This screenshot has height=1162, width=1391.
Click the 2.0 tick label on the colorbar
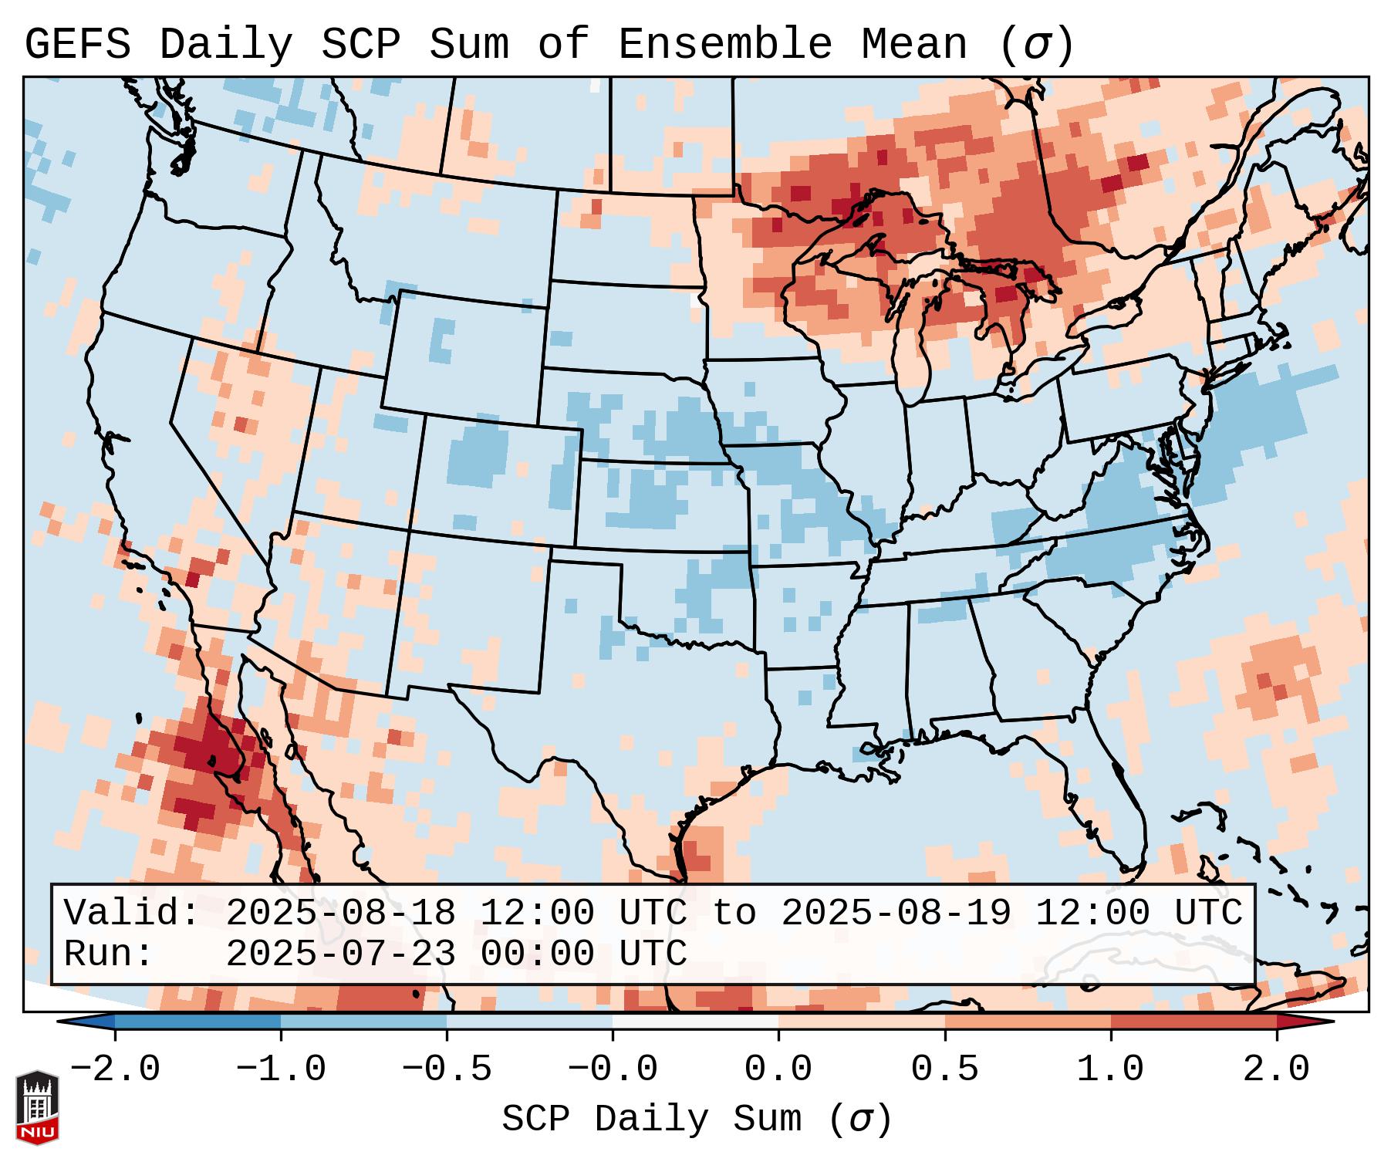coord(1276,1069)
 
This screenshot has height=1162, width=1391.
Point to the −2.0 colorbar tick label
coord(114,1069)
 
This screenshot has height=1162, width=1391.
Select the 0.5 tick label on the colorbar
coord(944,1069)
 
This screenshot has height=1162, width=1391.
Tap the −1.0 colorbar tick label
coord(280,1069)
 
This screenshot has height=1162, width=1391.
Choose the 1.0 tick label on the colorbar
coord(1110,1069)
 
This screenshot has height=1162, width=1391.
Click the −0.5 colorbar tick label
coord(446,1069)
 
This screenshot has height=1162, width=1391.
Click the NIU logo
coord(37,1107)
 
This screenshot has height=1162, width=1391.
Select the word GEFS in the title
coord(77,45)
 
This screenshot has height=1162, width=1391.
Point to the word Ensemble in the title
coord(724,45)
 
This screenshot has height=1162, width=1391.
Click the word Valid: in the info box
coord(132,913)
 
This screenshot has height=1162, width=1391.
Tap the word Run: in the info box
coord(109,954)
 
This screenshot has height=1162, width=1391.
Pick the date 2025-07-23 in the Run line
coord(340,954)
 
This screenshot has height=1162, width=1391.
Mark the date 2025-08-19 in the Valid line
coord(896,913)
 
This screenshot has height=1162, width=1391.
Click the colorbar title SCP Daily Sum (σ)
coord(696,1120)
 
